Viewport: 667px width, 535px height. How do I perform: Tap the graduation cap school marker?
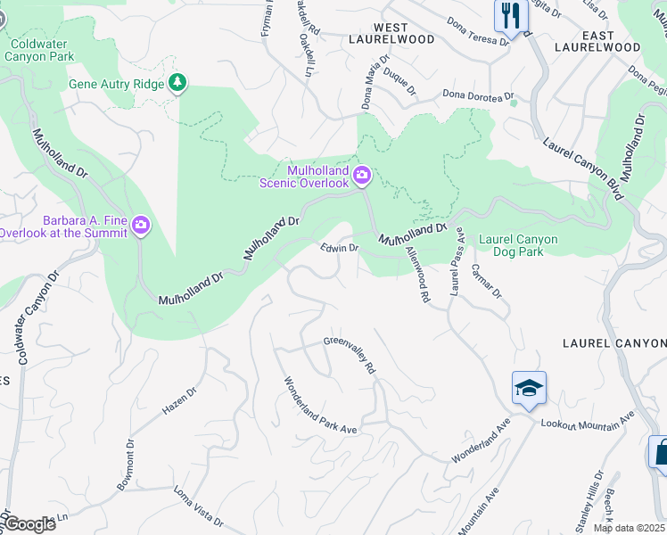click(x=529, y=389)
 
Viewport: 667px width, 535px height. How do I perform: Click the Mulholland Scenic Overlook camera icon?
click(x=361, y=175)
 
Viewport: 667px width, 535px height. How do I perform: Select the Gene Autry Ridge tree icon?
click(x=179, y=83)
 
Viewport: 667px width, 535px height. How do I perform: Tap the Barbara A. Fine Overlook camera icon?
click(x=140, y=226)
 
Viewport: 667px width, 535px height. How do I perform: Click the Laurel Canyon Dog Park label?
click(x=518, y=245)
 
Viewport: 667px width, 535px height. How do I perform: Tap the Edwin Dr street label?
click(x=340, y=248)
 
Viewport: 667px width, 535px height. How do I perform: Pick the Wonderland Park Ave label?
click(x=320, y=406)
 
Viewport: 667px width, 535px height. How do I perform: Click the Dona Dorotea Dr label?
click(x=479, y=96)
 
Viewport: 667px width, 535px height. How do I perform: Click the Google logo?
click(x=29, y=523)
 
